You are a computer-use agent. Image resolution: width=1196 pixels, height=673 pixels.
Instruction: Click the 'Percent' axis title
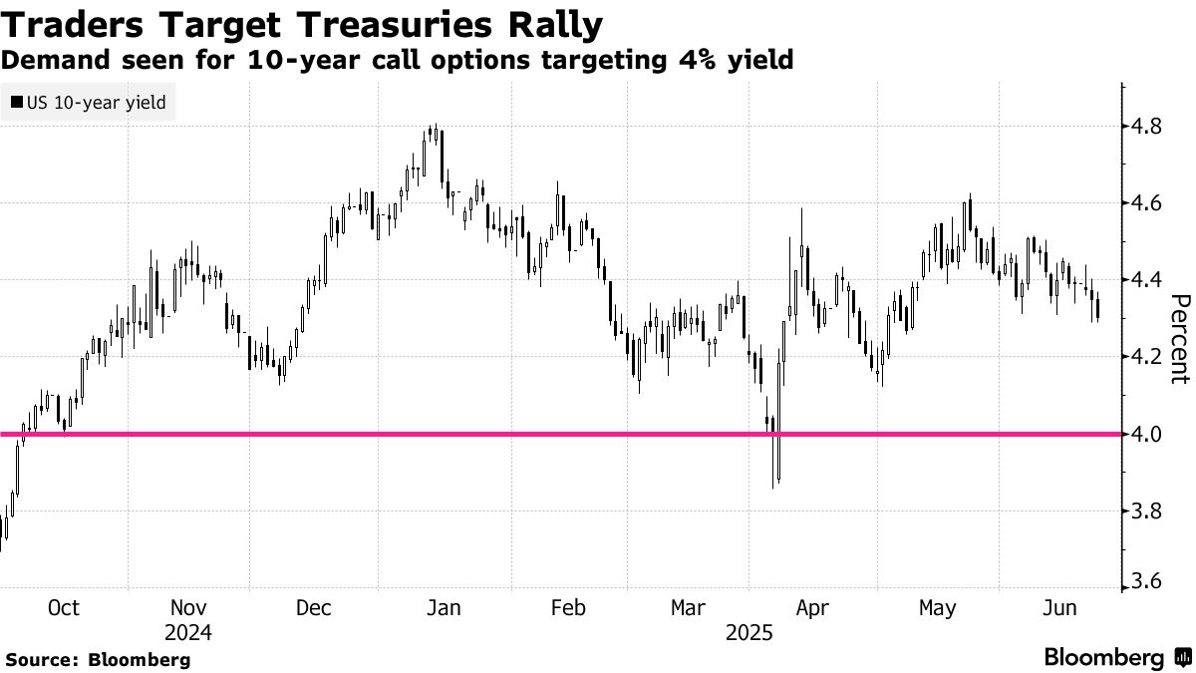[x=1179, y=339]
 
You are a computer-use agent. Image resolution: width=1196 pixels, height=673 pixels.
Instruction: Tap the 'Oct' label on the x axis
[x=64, y=608]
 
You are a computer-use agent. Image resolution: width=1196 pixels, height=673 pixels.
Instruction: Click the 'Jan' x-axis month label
[x=443, y=608]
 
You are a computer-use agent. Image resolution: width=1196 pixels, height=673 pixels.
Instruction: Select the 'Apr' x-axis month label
[x=814, y=608]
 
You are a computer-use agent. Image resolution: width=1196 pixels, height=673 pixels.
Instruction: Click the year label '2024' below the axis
[x=189, y=633]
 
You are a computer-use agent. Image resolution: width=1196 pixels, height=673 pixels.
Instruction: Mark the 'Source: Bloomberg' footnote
[x=97, y=659]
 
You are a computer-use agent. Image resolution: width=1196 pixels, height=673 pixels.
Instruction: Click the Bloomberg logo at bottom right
[x=1116, y=657]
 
